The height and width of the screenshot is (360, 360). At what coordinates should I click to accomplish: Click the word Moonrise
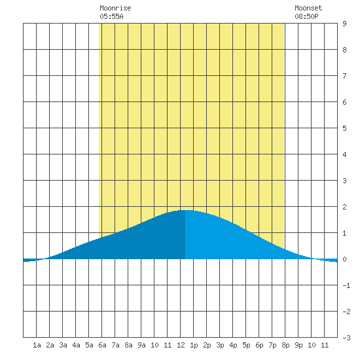pos(115,8)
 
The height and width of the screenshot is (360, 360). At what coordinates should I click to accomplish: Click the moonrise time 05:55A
pos(111,16)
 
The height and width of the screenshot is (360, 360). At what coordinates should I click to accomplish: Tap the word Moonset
pos(308,8)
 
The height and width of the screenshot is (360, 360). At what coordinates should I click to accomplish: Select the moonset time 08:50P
pos(306,16)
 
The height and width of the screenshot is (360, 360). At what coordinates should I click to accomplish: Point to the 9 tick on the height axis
pos(344,24)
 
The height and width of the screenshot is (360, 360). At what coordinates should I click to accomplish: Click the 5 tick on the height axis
pos(344,128)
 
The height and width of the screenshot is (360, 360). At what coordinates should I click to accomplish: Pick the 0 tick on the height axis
pos(344,259)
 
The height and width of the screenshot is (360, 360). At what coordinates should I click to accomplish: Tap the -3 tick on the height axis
pos(346,338)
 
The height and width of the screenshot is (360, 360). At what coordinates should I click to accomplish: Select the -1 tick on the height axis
pos(346,285)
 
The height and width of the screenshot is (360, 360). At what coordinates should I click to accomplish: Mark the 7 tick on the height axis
pos(344,76)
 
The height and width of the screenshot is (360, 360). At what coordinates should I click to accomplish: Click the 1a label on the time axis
pos(37,345)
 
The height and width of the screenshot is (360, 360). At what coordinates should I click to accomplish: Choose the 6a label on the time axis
pos(102,345)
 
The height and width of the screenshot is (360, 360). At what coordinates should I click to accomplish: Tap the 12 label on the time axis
pos(181,345)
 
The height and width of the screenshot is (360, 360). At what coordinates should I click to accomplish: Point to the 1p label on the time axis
pos(194,345)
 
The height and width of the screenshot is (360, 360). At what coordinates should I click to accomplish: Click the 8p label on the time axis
pos(285,345)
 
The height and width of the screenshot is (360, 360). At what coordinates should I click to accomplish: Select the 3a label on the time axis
pos(63,345)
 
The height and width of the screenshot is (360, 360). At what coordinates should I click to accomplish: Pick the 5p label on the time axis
pos(246,345)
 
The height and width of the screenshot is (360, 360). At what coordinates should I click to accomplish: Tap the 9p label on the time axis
pos(298,345)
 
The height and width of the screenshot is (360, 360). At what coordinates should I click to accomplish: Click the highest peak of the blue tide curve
pos(185,210)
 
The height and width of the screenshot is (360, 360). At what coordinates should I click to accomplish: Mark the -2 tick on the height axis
pos(346,312)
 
